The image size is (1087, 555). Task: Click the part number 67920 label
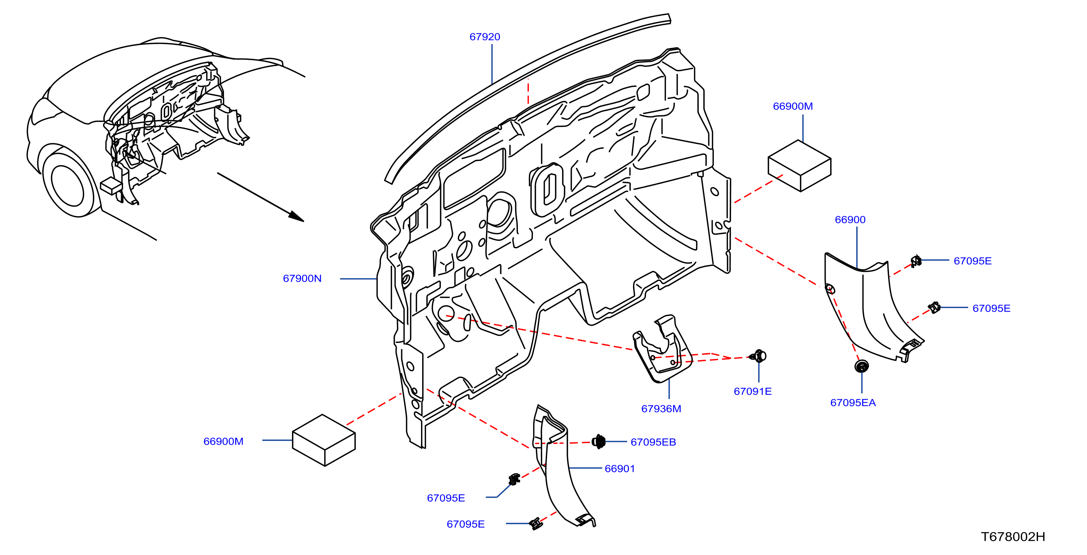click(x=485, y=37)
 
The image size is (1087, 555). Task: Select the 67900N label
click(x=302, y=279)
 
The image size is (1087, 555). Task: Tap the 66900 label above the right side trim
click(x=850, y=220)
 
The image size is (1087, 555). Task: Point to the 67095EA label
click(x=853, y=403)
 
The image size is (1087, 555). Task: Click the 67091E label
click(x=752, y=391)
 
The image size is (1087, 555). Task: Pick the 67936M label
click(x=661, y=408)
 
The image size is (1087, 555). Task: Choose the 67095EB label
click(x=653, y=442)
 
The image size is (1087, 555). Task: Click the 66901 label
click(x=620, y=469)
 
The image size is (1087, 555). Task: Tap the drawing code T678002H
click(x=1013, y=536)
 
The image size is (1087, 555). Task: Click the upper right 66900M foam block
click(x=799, y=165)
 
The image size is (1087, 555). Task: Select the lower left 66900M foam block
click(x=324, y=440)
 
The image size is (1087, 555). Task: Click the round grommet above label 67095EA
click(x=861, y=366)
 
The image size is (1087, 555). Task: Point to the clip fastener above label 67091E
click(x=759, y=356)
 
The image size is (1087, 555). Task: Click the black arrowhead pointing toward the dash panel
click(x=296, y=216)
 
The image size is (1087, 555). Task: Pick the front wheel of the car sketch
click(x=69, y=184)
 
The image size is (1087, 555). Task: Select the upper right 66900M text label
click(x=792, y=106)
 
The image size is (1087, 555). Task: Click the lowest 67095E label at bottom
click(x=466, y=524)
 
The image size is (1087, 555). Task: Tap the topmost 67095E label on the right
click(x=972, y=261)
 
